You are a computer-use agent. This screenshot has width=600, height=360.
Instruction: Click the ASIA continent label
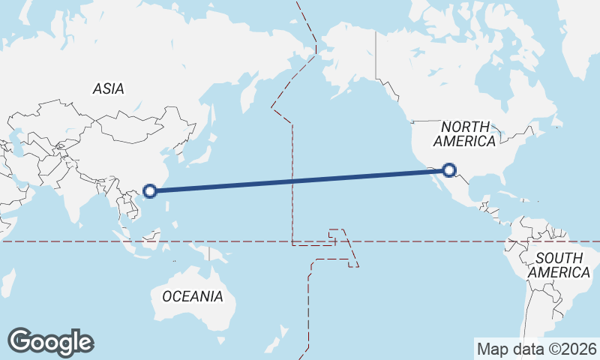[x=109, y=88]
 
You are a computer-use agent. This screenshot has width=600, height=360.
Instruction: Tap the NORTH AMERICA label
[x=465, y=133]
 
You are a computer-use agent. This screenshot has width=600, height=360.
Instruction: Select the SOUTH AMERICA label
[x=558, y=265]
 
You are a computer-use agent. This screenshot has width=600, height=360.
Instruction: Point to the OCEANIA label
[x=193, y=296]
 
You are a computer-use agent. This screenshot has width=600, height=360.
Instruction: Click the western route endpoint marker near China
[x=150, y=190]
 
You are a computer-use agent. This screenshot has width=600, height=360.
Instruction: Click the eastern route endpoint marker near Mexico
[x=449, y=170]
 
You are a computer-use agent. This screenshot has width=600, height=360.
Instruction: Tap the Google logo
[x=50, y=342]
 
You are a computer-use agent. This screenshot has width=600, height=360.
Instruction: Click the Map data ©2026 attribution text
[x=537, y=349]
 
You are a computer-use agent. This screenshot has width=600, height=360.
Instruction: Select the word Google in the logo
[x=50, y=342]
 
